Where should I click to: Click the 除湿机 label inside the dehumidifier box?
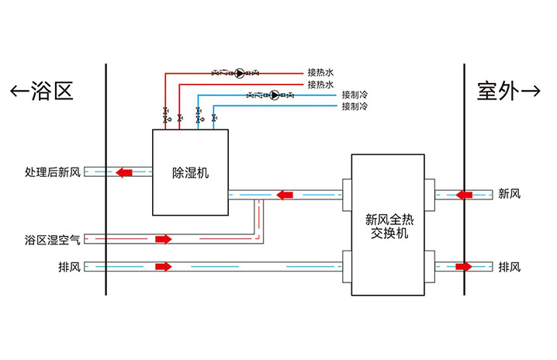(x=190, y=173)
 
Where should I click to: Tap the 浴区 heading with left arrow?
(x=42, y=92)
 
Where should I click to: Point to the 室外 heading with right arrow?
(x=508, y=92)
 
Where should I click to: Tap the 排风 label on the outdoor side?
(x=510, y=267)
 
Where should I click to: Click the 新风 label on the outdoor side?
(x=510, y=193)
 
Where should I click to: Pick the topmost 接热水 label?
(x=320, y=73)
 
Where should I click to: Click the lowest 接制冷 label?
(x=355, y=106)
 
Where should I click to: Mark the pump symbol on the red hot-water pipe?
(x=240, y=73)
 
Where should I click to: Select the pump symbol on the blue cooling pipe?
(x=274, y=95)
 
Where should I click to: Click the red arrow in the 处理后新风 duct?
(x=123, y=171)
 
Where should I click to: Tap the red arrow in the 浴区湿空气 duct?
(x=162, y=239)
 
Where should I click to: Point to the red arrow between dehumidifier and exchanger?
(x=287, y=193)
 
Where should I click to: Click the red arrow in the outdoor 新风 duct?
(x=464, y=193)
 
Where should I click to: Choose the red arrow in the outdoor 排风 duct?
(x=464, y=267)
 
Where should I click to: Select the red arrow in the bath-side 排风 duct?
(x=162, y=267)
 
